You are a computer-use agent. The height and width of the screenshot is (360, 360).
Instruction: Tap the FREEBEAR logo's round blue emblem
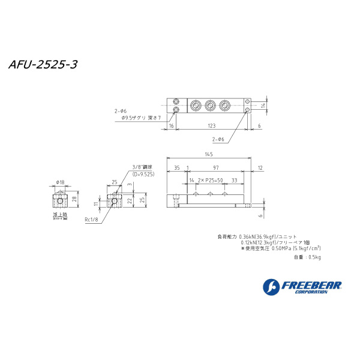[x=271, y=286]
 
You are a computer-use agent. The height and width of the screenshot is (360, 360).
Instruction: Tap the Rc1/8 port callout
[x=92, y=220]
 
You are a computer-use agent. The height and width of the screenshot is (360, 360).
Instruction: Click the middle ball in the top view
[x=210, y=106]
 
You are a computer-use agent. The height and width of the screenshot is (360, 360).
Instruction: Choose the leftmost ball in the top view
[x=196, y=106]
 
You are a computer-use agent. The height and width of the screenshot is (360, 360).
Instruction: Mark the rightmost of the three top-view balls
[x=224, y=106]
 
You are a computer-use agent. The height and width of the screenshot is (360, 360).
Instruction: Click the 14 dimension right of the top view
[x=262, y=105]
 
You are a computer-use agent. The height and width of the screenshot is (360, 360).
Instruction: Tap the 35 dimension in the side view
[x=177, y=167]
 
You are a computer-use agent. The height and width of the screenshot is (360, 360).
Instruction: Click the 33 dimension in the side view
[x=233, y=179]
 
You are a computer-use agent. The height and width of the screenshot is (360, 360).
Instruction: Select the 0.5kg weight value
[x=314, y=257]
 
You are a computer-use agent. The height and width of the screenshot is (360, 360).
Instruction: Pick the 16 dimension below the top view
[x=171, y=126]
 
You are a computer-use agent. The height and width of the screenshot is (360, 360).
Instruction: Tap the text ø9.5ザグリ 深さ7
[x=142, y=118]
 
